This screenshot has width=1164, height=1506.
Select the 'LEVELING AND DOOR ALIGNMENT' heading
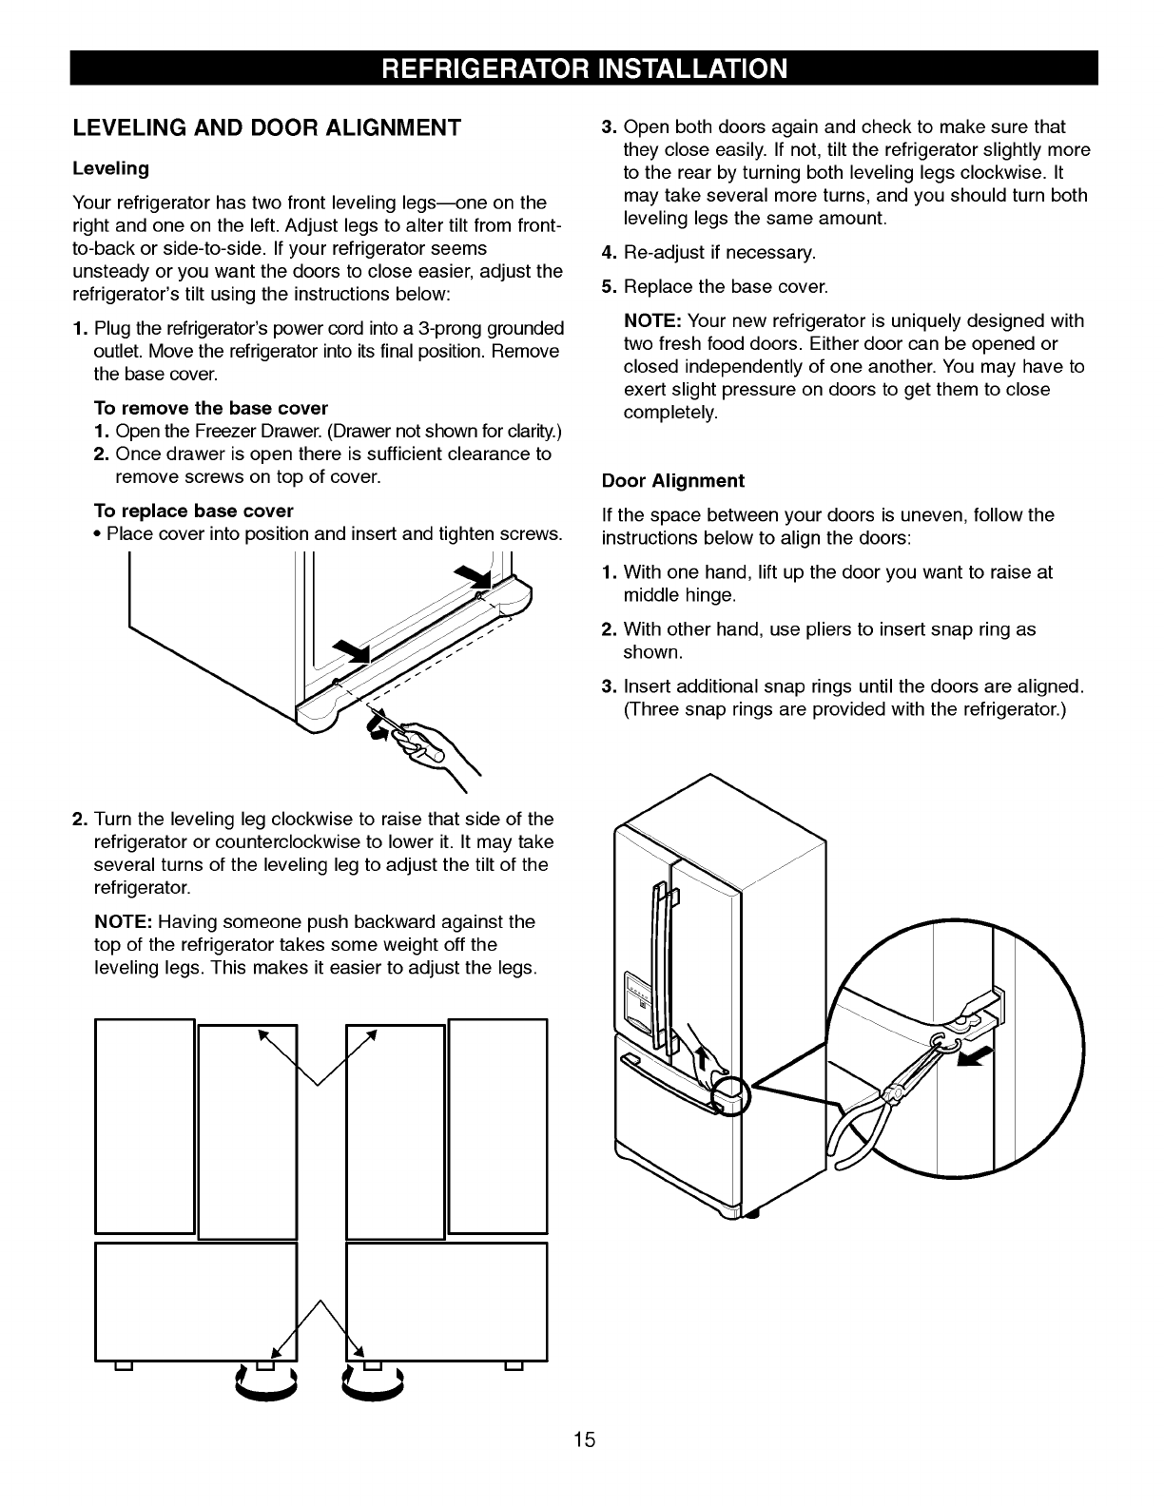267,127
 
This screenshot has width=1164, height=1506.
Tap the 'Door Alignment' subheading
673,480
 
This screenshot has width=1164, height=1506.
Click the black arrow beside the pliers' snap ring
980,1056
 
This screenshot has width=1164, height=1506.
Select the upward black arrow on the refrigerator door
705,1055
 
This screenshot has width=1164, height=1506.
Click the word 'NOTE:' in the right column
652,321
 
